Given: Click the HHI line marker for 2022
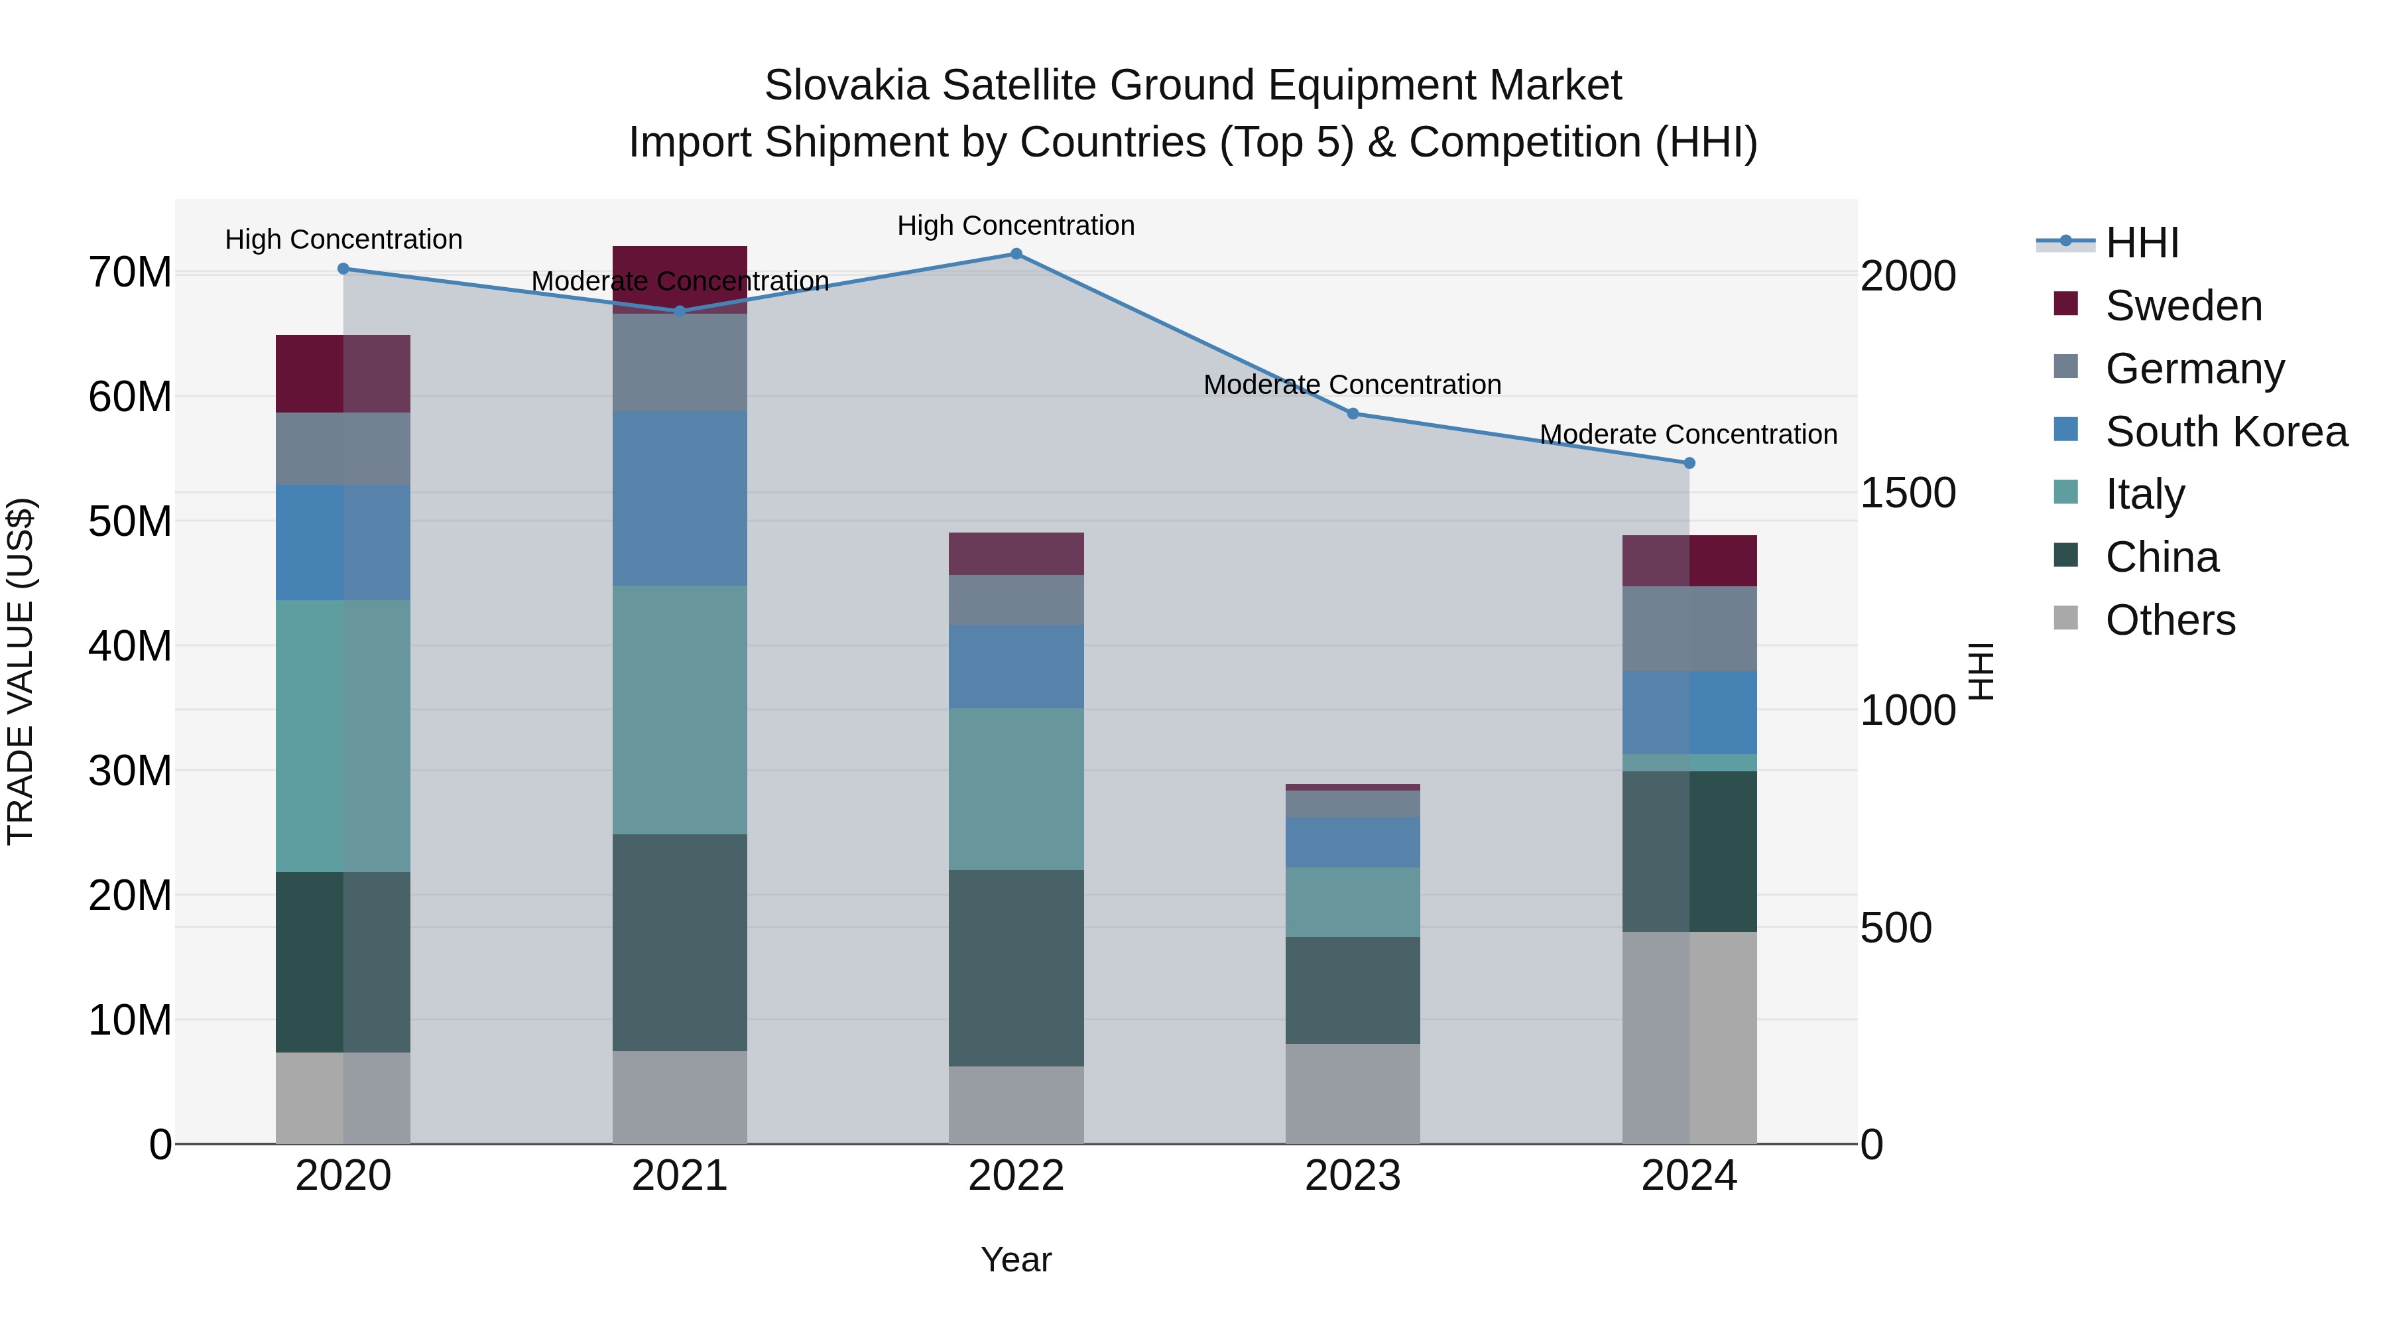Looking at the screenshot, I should [x=1016, y=254].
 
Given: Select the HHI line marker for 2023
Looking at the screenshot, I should [x=1352, y=413].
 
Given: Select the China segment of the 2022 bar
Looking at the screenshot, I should [x=1016, y=968].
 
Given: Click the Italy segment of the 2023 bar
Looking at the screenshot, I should [x=1352, y=902].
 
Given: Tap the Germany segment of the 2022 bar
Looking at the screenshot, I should [x=1016, y=600].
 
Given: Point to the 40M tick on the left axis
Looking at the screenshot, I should [x=130, y=646].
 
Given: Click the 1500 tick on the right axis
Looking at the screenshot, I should [x=1908, y=493].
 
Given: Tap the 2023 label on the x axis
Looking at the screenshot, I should [x=1352, y=1176].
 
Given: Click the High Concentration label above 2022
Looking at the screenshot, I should [x=1016, y=225].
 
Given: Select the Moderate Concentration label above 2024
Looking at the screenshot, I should [x=1688, y=434].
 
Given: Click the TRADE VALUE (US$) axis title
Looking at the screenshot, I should [x=21, y=671].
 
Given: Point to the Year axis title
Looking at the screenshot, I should [x=1016, y=1259].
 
